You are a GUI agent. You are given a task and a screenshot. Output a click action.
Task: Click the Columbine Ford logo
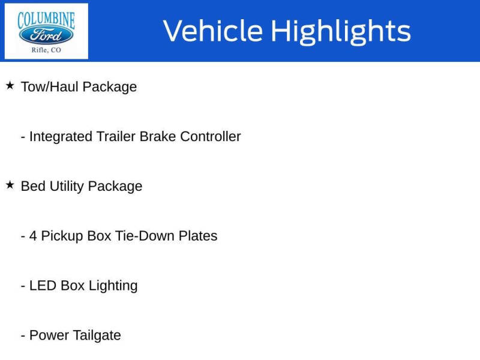[x=46, y=31]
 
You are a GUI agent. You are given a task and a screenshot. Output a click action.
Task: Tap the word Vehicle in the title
[x=212, y=31]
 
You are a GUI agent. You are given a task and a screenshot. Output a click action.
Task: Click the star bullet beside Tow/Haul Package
[x=10, y=86]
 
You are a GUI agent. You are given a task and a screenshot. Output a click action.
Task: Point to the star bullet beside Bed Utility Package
[x=10, y=185]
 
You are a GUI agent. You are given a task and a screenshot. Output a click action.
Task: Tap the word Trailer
[x=116, y=137]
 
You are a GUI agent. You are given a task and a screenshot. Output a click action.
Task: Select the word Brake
[x=158, y=137]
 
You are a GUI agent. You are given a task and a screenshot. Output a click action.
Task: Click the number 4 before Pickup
[x=33, y=236]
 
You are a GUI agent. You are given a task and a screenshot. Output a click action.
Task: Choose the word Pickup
[x=62, y=236]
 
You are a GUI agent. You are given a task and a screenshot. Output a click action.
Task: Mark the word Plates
[x=198, y=236]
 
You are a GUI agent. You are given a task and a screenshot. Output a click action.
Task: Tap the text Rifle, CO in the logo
[x=46, y=50]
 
